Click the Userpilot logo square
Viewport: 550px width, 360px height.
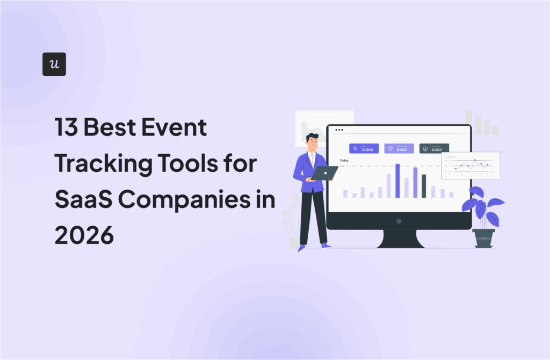click(54, 64)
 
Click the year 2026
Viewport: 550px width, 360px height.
click(84, 235)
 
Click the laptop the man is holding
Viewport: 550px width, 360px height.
click(324, 172)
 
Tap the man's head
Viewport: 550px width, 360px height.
click(313, 141)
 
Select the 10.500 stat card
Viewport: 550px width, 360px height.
click(364, 148)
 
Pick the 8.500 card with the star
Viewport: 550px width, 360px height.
click(399, 148)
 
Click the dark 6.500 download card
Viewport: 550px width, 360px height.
click(434, 148)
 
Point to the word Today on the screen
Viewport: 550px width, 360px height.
click(344, 160)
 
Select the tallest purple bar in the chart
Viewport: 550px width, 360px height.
click(397, 181)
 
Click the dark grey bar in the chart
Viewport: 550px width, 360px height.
click(424, 186)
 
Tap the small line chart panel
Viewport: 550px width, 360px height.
click(471, 165)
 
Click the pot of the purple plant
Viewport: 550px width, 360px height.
click(483, 237)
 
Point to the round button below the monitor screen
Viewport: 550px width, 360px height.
click(399, 221)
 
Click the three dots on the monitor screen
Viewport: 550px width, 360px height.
click(339, 130)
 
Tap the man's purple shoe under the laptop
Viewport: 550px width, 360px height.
click(325, 246)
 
